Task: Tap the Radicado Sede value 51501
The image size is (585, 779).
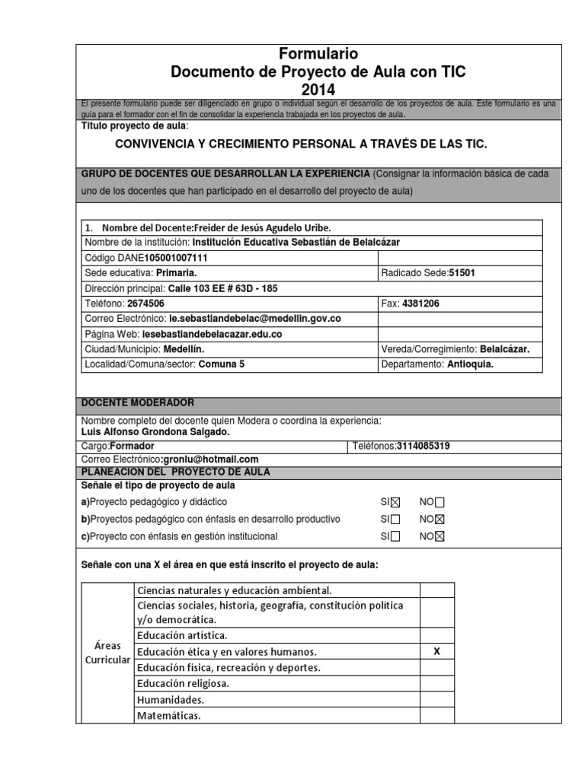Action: coord(463,273)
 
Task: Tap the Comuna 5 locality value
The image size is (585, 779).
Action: coord(222,364)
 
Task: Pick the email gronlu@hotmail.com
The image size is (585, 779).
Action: coord(211,459)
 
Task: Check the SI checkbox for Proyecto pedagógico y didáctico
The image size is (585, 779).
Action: coord(395,502)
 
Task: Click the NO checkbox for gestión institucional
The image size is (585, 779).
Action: coord(440,537)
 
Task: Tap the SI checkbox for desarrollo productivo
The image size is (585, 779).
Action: coord(395,520)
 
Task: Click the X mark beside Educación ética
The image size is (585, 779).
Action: coord(436,652)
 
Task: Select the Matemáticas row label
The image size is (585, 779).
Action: coord(169,716)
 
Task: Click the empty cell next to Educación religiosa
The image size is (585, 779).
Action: coord(436,683)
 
